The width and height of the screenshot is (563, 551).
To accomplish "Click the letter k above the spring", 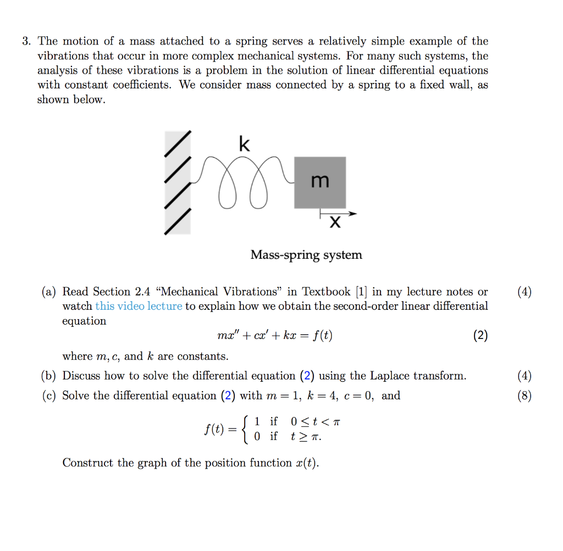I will point(245,144).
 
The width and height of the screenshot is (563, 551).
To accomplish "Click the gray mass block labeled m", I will point(320,182).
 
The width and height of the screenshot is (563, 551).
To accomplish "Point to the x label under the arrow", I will point(334,222).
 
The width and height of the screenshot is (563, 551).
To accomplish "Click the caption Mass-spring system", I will point(306,255).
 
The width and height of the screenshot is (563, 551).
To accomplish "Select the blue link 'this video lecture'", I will point(139,306).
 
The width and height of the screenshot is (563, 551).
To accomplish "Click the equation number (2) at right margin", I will point(480,336).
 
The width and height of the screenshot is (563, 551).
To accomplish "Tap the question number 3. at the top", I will point(26,41).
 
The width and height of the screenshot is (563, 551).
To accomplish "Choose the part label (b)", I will point(49,376).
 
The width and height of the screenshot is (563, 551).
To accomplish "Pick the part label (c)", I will point(49,396).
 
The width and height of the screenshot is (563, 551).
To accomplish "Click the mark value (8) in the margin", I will point(525,396).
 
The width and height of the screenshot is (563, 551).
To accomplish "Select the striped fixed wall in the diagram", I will point(178,183).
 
